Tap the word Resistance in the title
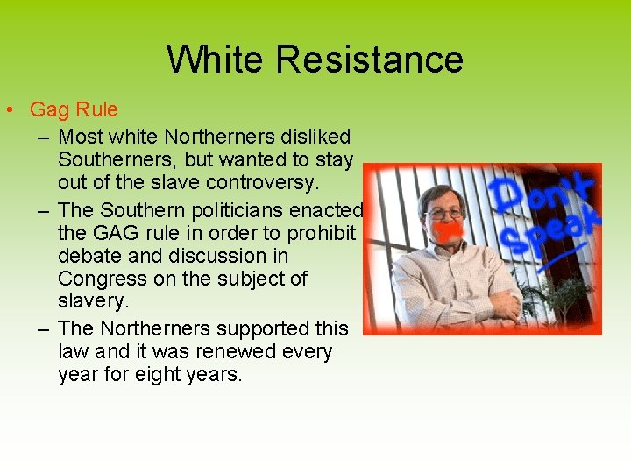(368, 60)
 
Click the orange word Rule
(96, 110)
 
